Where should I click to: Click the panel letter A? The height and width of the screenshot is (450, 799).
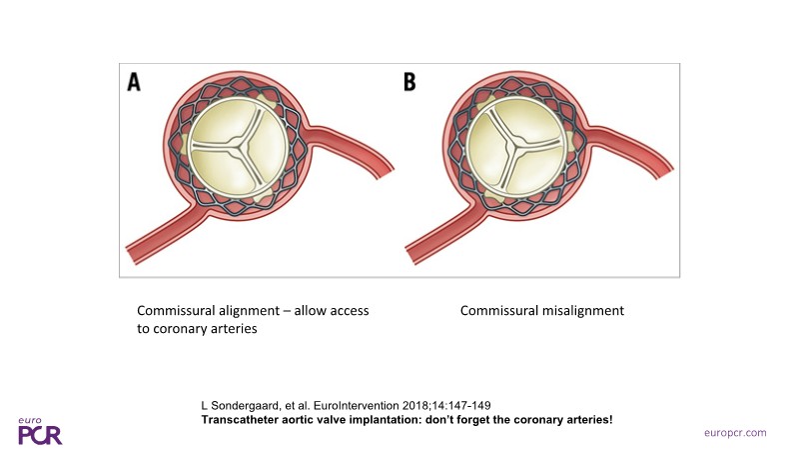135,83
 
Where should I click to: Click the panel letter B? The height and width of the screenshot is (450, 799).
409,83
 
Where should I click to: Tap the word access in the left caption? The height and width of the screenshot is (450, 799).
348,311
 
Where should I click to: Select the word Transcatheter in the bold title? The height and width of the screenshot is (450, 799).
233,418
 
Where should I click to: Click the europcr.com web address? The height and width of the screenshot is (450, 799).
733,431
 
